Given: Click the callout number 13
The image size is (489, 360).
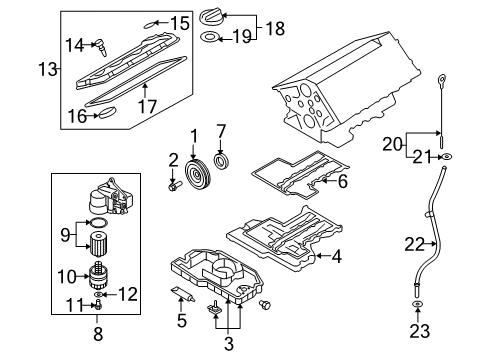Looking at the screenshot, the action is (x=48, y=69).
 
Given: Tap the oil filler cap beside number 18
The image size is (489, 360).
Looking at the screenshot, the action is (x=212, y=17).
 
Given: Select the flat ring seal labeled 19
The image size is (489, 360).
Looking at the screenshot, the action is (x=210, y=37).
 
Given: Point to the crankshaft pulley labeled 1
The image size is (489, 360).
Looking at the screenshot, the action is (x=197, y=174).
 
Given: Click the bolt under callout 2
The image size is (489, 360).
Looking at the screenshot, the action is (x=175, y=186).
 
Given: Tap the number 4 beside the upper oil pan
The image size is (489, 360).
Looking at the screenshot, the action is (x=336, y=256).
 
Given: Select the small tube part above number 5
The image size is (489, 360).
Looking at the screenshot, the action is (x=182, y=294).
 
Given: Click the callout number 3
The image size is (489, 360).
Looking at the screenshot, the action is (x=228, y=344).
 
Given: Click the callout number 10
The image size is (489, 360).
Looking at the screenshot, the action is (x=67, y=276).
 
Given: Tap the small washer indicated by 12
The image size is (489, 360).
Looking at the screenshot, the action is (x=99, y=294).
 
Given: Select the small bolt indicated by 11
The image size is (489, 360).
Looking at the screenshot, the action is (x=99, y=305).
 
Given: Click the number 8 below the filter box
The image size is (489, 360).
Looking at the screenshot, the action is (x=98, y=333).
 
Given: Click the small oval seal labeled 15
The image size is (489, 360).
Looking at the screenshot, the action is (x=150, y=24).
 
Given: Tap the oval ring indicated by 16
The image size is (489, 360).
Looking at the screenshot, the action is (x=107, y=112).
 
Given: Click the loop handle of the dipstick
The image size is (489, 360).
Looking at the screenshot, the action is (x=441, y=80).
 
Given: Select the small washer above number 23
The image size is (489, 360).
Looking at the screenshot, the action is (x=418, y=304).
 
